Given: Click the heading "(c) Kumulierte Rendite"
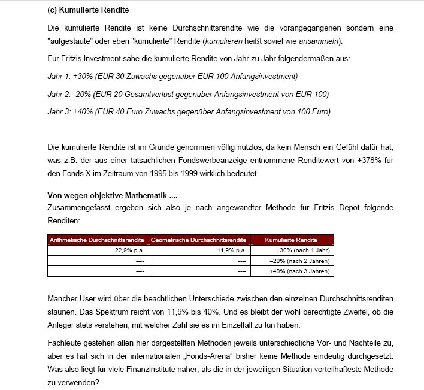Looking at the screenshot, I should (87, 10).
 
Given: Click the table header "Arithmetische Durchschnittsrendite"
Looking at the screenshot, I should (97, 240).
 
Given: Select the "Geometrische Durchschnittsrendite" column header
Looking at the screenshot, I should (199, 240).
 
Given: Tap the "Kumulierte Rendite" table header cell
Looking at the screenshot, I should (292, 240).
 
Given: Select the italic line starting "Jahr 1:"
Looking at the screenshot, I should (172, 76).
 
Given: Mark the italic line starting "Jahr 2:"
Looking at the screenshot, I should (187, 94).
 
